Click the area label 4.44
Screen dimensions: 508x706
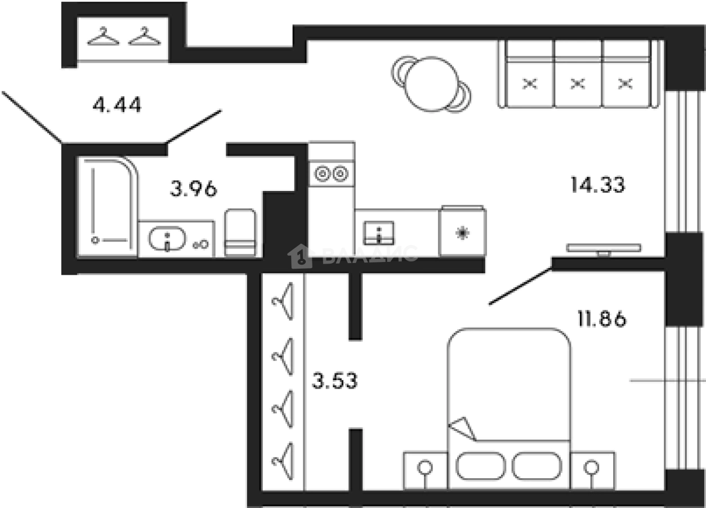tap(117, 105)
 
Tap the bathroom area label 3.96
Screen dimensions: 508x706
tap(193, 189)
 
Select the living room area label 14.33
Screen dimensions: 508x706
tap(597, 185)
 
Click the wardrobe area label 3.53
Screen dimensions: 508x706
tap(335, 381)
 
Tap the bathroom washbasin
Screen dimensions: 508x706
tap(167, 239)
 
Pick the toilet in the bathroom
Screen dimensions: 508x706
tap(240, 233)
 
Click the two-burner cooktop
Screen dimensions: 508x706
tap(331, 174)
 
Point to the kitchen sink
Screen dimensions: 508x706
tap(379, 233)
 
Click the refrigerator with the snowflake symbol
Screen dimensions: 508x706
tap(462, 232)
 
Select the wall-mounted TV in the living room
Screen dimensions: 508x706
tap(604, 248)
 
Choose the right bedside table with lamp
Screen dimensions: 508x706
tap(592, 469)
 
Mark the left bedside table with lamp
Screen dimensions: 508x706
tap(426, 469)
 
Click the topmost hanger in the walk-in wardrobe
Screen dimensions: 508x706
tap(283, 301)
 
